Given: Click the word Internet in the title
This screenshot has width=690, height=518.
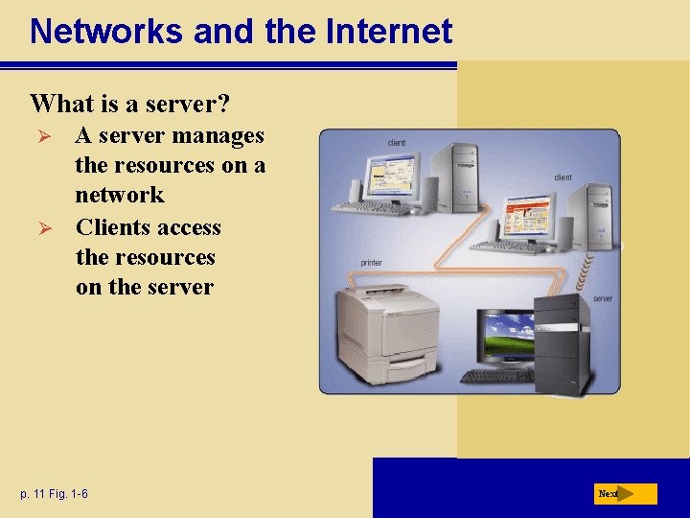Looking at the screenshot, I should coord(389,32).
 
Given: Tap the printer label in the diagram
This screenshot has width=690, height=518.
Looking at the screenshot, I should coord(371,263).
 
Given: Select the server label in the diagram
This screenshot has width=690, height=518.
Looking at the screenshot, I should coord(602,299).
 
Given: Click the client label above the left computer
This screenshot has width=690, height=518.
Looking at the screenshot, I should coord(397,143).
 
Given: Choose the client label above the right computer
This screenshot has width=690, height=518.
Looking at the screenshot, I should coord(563,177).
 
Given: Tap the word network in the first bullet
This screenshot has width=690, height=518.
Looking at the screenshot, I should coord(120,195).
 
